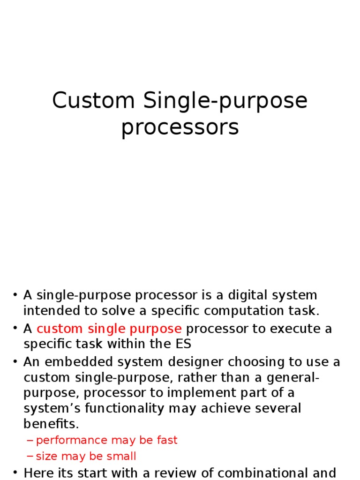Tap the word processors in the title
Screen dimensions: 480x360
point(180,127)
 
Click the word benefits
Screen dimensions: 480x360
point(51,423)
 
